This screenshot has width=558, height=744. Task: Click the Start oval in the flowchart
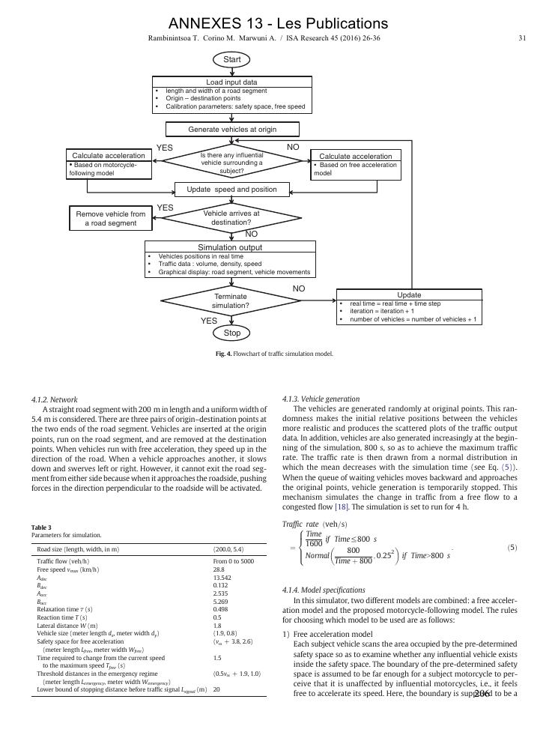click(231, 58)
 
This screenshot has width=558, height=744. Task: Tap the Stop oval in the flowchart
click(231, 333)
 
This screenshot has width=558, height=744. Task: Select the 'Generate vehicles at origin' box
click(232, 130)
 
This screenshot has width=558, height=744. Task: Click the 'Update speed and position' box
click(231, 190)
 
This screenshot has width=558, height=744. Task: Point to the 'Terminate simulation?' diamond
click(230, 301)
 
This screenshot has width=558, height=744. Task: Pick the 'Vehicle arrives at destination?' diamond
click(231, 217)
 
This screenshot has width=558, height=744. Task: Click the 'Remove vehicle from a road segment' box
click(111, 218)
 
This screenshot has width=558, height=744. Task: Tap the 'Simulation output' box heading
click(230, 247)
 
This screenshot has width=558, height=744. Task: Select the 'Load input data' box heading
click(231, 82)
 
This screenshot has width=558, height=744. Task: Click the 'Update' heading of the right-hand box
click(409, 295)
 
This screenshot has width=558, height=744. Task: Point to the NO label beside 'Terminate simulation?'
click(299, 288)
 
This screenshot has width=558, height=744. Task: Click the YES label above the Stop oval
click(208, 321)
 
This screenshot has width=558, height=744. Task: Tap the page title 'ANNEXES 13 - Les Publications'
click(279, 24)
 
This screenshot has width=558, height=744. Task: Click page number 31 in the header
click(522, 38)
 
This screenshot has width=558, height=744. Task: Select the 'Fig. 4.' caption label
click(221, 354)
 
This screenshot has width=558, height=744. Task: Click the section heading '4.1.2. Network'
click(55, 399)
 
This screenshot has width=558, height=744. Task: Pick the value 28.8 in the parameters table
click(221, 570)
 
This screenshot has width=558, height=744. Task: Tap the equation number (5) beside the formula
click(512, 548)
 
